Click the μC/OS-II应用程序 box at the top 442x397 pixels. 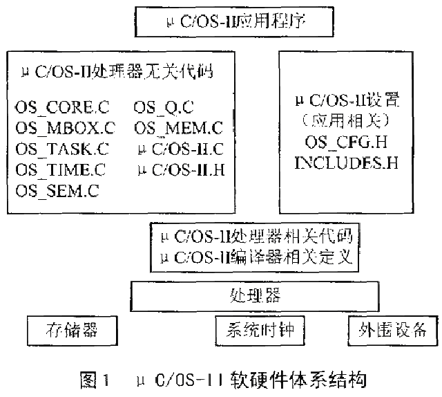tap(234, 21)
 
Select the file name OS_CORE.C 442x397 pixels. tap(62, 107)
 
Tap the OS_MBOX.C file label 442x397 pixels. tap(65, 128)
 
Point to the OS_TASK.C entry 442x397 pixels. tap(62, 149)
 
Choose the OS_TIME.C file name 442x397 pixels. tap(60, 169)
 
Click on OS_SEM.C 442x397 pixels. tap(57, 191)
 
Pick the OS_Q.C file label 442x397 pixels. tap(164, 107)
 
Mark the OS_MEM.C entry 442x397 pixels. tap(178, 128)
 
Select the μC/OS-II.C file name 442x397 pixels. tap(181, 149)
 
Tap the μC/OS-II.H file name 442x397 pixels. tap(181, 169)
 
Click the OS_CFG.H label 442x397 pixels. tap(346, 142)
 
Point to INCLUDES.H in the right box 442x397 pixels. tap(347, 163)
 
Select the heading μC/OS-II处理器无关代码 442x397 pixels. tap(117, 71)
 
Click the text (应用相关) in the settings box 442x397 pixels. tap(346, 120)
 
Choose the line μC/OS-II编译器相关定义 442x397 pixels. tap(256, 257)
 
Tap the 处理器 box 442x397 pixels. tap(255, 296)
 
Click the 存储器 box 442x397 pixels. tap(73, 331)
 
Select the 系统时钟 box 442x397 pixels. tap(260, 331)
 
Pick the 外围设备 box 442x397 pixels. tap(393, 331)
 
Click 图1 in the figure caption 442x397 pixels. tap(95, 380)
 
